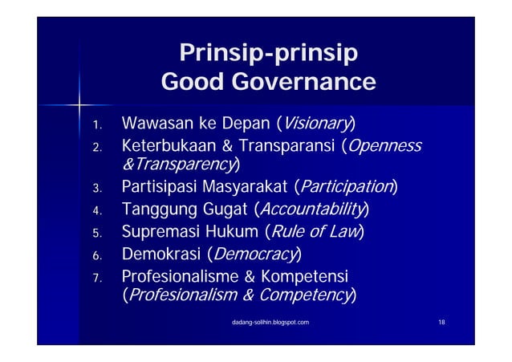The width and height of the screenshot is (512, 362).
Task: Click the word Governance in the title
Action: pos(304,83)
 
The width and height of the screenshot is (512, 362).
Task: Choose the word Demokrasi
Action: pos(161,255)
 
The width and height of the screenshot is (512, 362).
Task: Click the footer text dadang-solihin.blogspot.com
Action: pos(267,322)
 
